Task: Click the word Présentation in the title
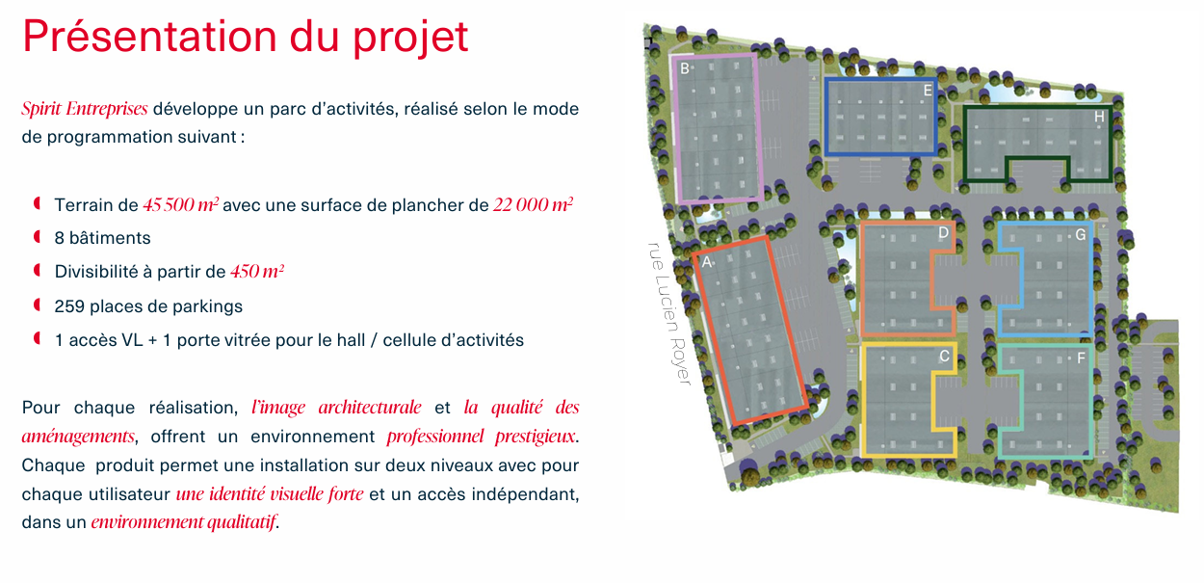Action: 149,37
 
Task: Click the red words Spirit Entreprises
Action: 85,109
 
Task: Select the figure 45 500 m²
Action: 181,205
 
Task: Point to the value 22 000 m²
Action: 534,205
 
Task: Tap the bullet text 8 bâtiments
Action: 102,238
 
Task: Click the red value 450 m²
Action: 257,272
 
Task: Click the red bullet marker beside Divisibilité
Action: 38,271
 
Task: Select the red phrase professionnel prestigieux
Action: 481,437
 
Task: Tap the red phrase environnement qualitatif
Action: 183,521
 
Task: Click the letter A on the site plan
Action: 707,262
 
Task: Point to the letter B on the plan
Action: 684,68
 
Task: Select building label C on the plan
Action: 944,356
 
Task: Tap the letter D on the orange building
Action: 943,233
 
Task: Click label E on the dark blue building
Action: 928,91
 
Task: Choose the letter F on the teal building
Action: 1081,358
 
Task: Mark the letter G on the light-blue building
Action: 1081,235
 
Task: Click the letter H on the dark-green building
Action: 1099,117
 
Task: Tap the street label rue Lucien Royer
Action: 669,313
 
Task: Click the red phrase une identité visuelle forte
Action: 270,493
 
